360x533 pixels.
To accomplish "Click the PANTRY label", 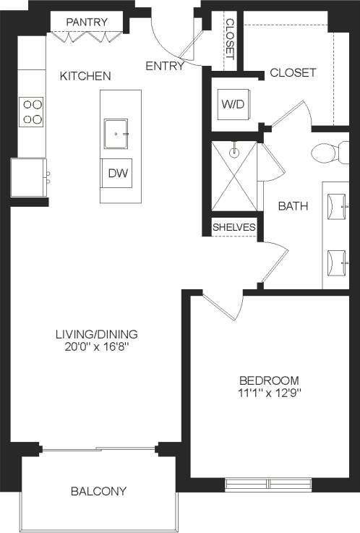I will click(87, 22).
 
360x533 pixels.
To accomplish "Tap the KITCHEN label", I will click(85, 75).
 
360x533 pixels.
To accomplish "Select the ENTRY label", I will click(164, 66).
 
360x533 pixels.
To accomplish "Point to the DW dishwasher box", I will click(116, 174).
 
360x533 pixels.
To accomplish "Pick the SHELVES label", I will click(234, 228).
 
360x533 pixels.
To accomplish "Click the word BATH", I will click(293, 206).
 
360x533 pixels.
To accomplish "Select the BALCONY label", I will click(99, 491).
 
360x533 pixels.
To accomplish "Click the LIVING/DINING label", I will click(97, 334).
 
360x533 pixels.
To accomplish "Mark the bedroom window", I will click(269, 482).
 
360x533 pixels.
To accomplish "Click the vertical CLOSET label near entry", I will click(230, 38).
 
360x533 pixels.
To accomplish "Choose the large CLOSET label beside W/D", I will click(293, 72).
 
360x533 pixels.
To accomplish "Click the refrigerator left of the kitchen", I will click(29, 177).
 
